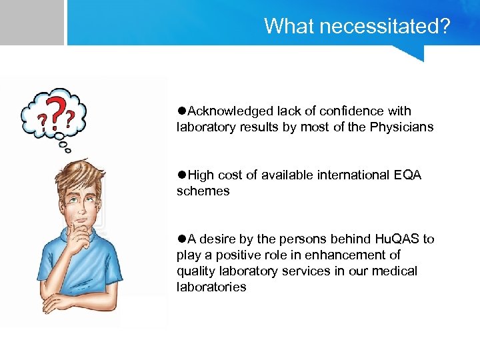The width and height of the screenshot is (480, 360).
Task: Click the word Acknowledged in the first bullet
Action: tap(231, 111)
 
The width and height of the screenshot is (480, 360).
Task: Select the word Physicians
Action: tap(400, 127)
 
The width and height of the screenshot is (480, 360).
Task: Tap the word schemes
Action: tap(203, 191)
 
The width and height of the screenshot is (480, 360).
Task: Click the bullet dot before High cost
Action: tap(181, 175)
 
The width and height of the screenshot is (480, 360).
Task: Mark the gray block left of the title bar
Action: tap(31, 22)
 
